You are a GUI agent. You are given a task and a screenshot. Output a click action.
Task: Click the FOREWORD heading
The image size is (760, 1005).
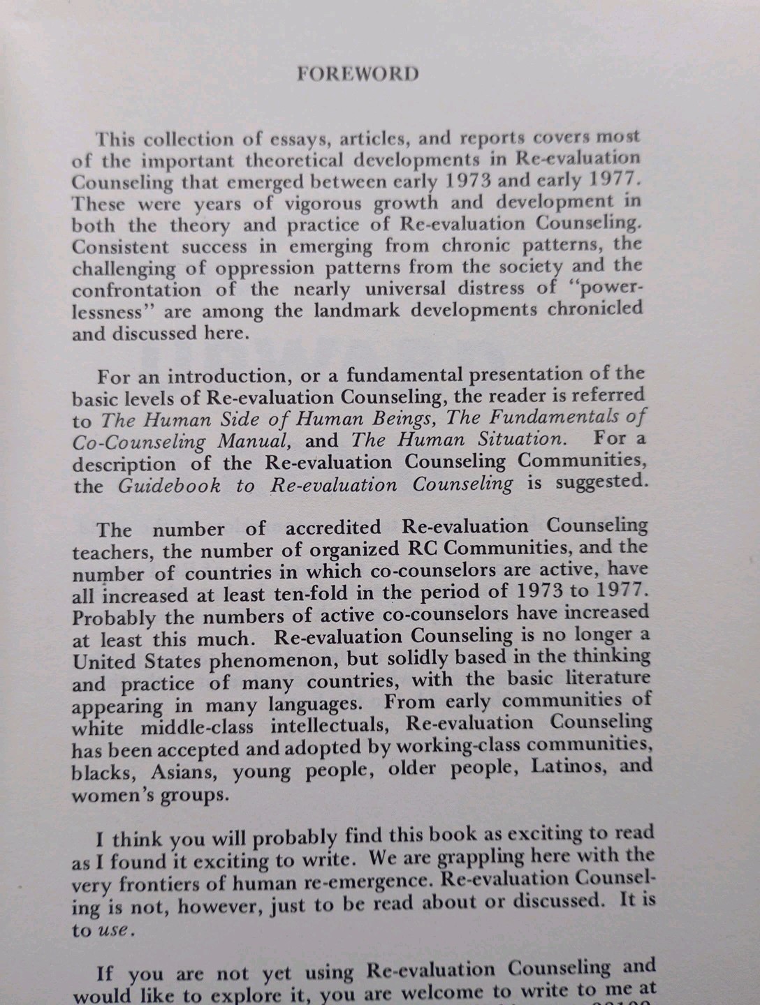(358, 74)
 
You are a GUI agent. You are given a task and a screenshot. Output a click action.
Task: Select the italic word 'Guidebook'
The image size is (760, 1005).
(169, 485)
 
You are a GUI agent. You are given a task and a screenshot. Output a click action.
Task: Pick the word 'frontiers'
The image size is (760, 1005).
(171, 884)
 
